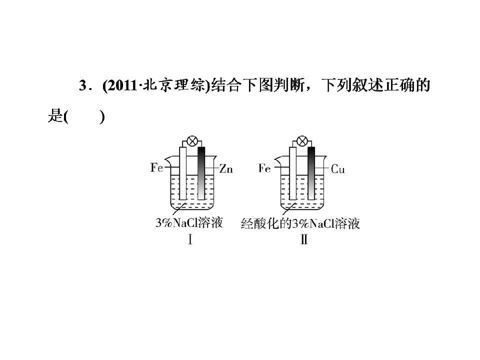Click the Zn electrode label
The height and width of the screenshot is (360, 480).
[226, 168]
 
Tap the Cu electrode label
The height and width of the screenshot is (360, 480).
[338, 169]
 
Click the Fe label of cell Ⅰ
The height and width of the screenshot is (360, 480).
[156, 167]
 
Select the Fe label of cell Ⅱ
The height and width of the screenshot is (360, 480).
[264, 168]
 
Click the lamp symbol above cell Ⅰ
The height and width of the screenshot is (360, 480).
[192, 141]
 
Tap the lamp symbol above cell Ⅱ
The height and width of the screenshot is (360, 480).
[302, 141]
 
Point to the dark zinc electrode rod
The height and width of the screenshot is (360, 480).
[201, 173]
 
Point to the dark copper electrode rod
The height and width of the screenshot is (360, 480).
[311, 173]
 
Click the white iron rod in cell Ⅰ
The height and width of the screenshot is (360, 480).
[183, 173]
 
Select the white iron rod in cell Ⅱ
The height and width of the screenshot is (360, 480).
[292, 173]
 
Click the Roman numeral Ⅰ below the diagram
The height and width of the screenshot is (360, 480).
[190, 239]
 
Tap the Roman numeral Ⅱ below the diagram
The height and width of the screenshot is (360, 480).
[304, 239]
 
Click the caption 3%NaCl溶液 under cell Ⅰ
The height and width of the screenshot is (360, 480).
[189, 222]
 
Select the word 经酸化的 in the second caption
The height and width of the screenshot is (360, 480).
[266, 223]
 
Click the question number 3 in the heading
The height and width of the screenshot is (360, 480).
[82, 85]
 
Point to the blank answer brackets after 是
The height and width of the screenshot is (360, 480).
[85, 117]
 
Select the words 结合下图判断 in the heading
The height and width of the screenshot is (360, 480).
[258, 85]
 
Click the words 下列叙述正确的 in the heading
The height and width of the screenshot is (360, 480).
[376, 85]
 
